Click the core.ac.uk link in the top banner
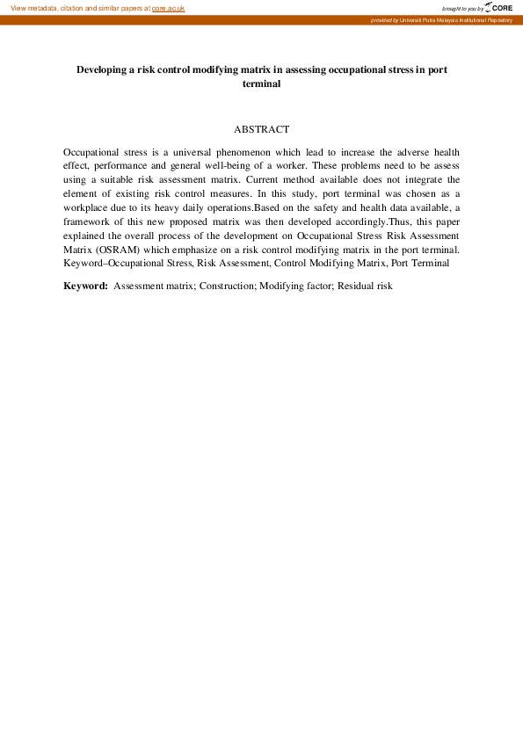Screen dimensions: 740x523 [168, 8]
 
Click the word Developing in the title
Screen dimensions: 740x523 [105, 68]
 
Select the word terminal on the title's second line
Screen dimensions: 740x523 [261, 83]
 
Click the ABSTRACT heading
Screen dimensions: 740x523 [261, 129]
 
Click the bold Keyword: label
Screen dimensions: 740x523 [85, 286]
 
